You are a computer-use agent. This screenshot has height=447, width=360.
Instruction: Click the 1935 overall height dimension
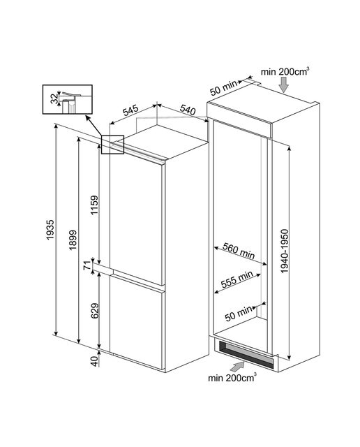tap(50, 230)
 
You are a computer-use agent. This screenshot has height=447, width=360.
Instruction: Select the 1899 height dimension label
tap(73, 240)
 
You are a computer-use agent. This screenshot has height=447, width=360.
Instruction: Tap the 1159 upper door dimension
tap(94, 205)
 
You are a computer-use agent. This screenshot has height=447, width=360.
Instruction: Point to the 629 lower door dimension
tap(94, 310)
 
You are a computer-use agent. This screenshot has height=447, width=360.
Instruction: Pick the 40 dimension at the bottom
tap(94, 362)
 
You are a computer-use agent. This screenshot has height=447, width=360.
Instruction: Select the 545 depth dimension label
tap(130, 110)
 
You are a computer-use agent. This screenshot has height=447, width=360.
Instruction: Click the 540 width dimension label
tap(188, 110)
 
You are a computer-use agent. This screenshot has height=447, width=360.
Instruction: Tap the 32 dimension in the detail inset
tap(54, 99)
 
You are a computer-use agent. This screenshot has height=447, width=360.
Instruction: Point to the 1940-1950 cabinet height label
tap(285, 251)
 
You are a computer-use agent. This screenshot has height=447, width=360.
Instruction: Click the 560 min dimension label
tap(239, 251)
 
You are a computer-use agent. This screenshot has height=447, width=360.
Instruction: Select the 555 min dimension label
tap(237, 279)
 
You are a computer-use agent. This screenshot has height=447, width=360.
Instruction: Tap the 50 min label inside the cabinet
tap(239, 314)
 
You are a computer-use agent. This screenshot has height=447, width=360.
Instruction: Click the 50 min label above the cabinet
tap(223, 87)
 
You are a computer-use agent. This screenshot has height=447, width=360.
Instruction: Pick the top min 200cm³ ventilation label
tap(285, 71)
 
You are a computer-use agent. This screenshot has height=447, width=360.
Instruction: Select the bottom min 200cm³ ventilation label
tap(232, 378)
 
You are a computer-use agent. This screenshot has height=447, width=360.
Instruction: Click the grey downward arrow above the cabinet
tap(284, 85)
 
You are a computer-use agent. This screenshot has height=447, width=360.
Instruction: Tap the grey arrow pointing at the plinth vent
tap(237, 366)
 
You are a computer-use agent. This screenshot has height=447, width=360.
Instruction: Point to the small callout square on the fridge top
tap(113, 145)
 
